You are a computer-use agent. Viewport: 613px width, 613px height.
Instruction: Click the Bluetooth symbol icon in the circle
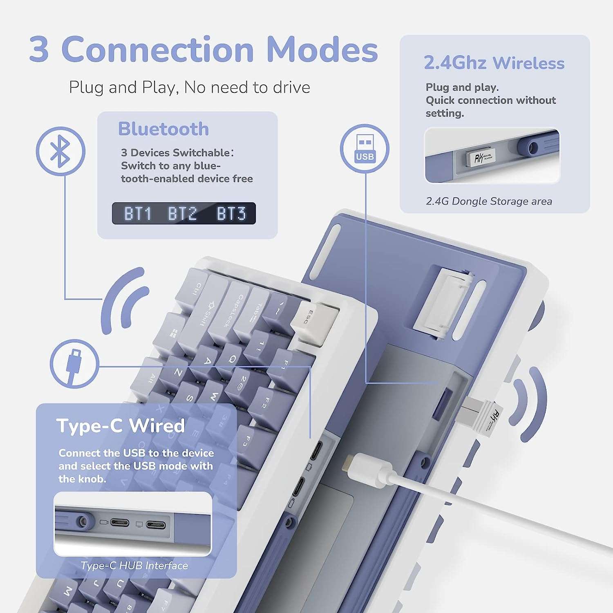pyautogui.click(x=60, y=151)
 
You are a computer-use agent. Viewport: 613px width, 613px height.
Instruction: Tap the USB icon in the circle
pyautogui.click(x=365, y=148)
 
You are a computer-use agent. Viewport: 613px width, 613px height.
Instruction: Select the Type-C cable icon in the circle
pyautogui.click(x=74, y=364)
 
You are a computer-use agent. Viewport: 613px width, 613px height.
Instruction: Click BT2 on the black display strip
pyautogui.click(x=182, y=214)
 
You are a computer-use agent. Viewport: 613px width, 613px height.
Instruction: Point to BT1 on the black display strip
pyautogui.click(x=138, y=214)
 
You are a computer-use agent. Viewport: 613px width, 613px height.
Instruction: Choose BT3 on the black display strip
pyautogui.click(x=231, y=214)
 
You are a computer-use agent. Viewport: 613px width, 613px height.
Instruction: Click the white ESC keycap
pyautogui.click(x=314, y=321)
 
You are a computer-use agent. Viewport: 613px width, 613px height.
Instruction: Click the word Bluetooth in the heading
pyautogui.click(x=163, y=129)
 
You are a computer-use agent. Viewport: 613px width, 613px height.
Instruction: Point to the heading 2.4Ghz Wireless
pyautogui.click(x=494, y=63)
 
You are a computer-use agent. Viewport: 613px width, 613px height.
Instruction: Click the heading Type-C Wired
pyautogui.click(x=121, y=426)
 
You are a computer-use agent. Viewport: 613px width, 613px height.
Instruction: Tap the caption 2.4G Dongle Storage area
pyautogui.click(x=489, y=201)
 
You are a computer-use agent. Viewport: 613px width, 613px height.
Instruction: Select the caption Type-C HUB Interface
pyautogui.click(x=134, y=566)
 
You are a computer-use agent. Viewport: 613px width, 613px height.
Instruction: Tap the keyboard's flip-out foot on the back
pyautogui.click(x=443, y=304)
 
